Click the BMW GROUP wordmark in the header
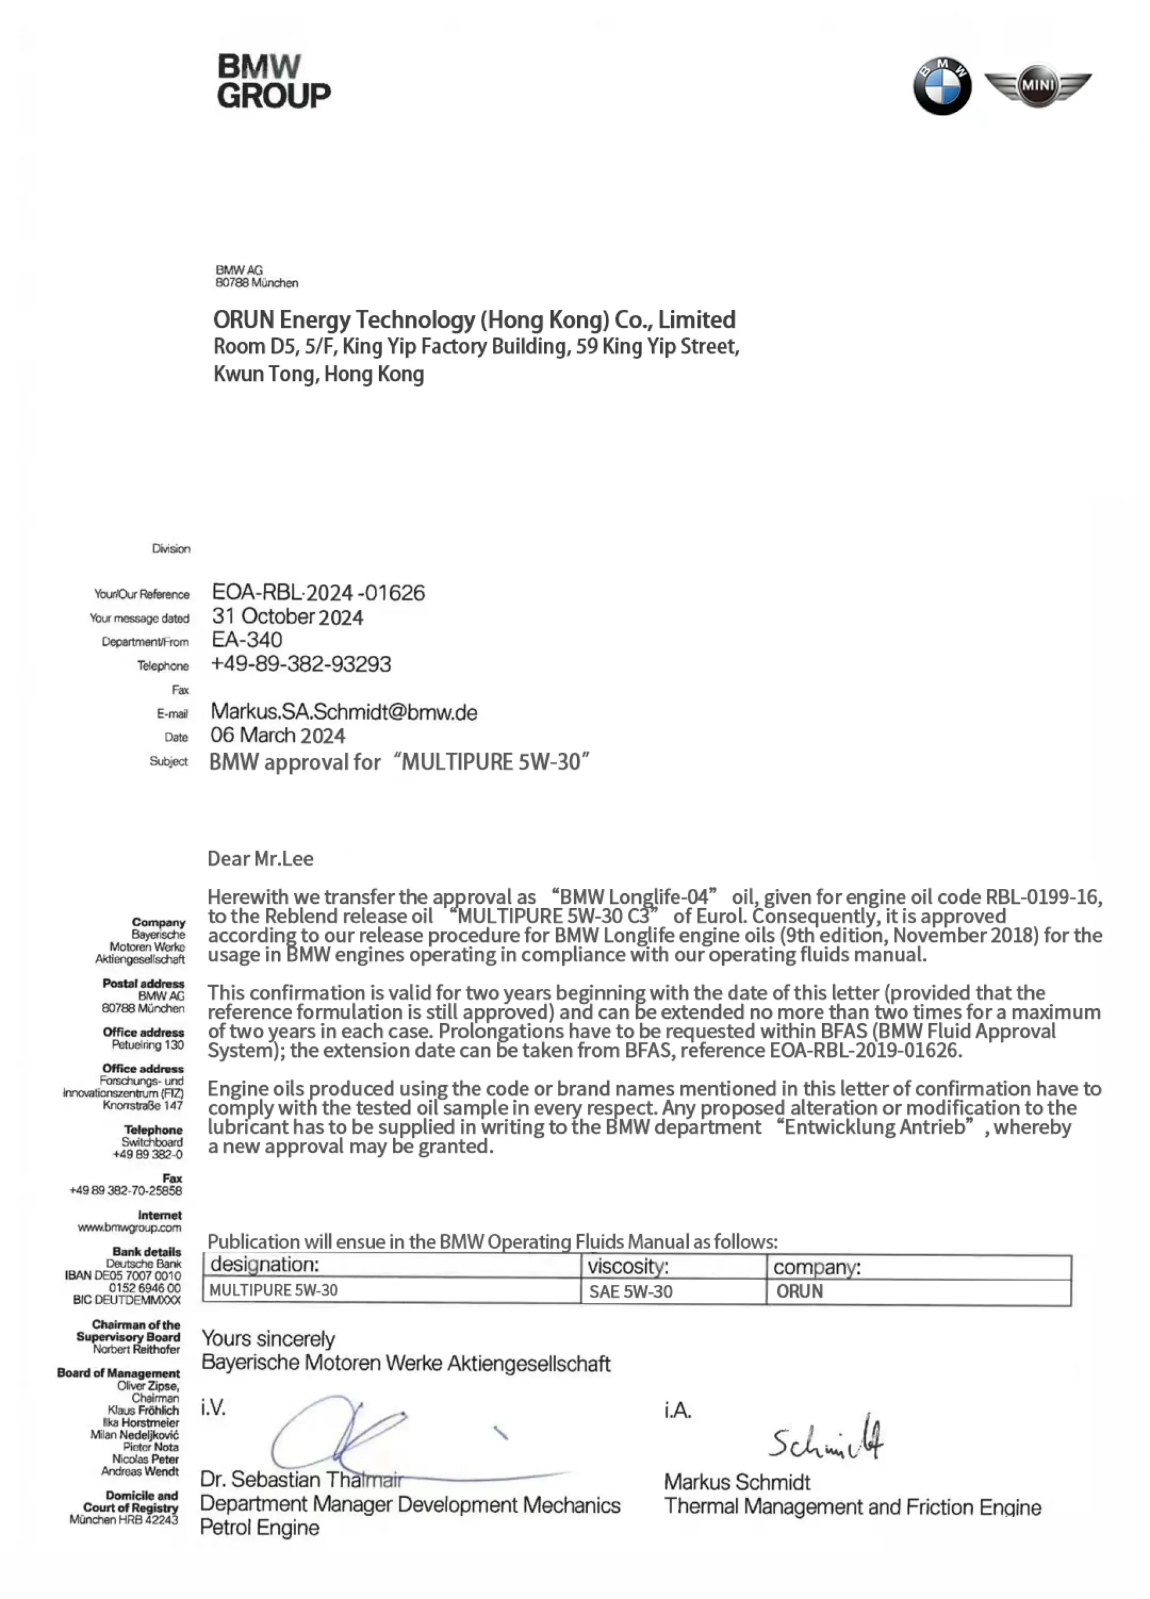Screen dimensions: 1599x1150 click(x=273, y=82)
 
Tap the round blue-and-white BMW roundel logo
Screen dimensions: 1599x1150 click(x=941, y=86)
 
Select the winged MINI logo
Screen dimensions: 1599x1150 click(x=1037, y=86)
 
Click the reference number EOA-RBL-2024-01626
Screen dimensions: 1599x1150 click(x=318, y=592)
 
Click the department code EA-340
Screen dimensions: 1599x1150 click(x=247, y=640)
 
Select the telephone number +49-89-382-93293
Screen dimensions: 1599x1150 click(x=301, y=663)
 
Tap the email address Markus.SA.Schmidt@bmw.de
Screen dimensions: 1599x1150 click(x=344, y=712)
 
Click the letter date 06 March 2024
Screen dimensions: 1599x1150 click(x=277, y=735)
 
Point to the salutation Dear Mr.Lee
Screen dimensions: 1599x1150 click(x=260, y=858)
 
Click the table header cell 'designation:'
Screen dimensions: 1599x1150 click(x=264, y=1264)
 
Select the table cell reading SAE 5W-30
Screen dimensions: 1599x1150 click(x=630, y=1291)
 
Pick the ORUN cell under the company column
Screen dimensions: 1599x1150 click(x=800, y=1291)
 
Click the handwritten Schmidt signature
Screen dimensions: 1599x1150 click(x=826, y=1438)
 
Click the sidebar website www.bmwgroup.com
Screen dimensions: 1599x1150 click(x=129, y=1227)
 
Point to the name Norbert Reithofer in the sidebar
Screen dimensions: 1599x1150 click(x=136, y=1349)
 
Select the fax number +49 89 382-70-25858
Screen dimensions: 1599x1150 click(x=126, y=1190)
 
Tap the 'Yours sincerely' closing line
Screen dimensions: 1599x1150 click(x=268, y=1338)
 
